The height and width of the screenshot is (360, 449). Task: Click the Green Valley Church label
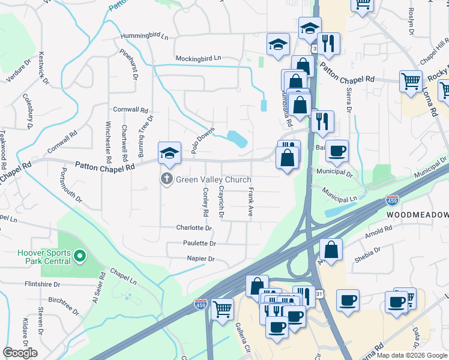213,179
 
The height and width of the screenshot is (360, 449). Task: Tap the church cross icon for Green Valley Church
166,179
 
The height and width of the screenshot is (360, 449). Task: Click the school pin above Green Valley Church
169,154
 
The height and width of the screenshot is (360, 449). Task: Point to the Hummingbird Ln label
144,36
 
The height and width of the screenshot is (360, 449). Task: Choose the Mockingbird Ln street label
198,58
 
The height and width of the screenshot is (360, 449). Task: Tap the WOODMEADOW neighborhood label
417,214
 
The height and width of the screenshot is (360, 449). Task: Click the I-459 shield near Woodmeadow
393,199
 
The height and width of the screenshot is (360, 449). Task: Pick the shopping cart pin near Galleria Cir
222,310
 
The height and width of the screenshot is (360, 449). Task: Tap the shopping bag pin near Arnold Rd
331,249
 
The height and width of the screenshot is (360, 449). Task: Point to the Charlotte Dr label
194,228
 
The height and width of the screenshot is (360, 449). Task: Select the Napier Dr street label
202,259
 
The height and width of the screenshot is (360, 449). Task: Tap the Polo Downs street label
203,140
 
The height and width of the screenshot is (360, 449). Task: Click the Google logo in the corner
20,353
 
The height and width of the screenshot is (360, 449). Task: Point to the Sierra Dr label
348,94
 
